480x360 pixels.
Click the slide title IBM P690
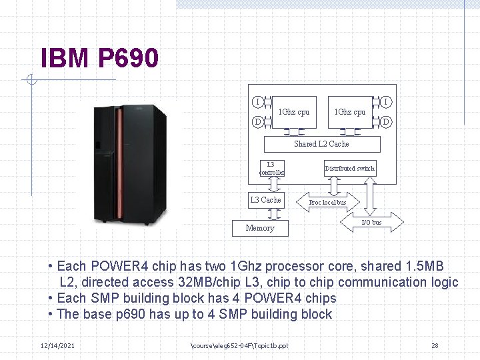pyautogui.click(x=99, y=59)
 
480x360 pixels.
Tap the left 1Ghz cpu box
pyautogui.click(x=293, y=111)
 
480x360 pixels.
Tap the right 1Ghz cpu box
pyautogui.click(x=349, y=111)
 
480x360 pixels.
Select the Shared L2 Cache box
pyautogui.click(x=321, y=143)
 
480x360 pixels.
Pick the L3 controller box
pyautogui.click(x=271, y=168)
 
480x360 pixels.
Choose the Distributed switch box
pyautogui.click(x=349, y=169)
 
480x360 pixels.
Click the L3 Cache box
pyautogui.click(x=265, y=199)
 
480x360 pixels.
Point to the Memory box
pyautogui.click(x=260, y=227)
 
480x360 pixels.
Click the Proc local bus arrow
pyautogui.click(x=327, y=202)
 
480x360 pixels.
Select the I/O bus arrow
pyautogui.click(x=371, y=222)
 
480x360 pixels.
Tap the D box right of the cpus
pyautogui.click(x=386, y=121)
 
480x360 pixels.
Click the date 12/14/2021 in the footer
pyautogui.click(x=57, y=345)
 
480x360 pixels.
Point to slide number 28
pyautogui.click(x=435, y=345)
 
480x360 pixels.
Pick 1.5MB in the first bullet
pyautogui.click(x=422, y=266)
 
